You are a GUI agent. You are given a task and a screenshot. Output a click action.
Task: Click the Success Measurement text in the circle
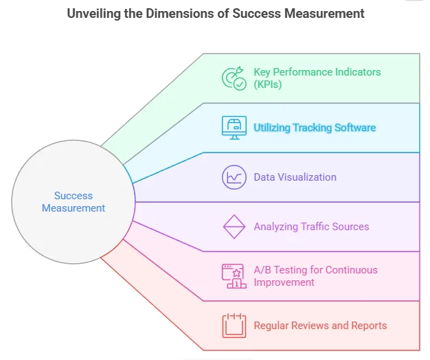click(73, 202)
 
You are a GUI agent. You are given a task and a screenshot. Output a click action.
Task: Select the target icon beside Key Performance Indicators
click(234, 78)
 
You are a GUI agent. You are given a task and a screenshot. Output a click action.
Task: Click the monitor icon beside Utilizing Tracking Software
click(234, 128)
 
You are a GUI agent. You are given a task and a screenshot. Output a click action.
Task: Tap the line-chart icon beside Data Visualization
click(234, 177)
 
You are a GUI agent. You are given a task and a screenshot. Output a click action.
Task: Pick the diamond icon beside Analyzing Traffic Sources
click(234, 227)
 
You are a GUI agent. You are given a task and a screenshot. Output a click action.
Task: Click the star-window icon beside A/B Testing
click(234, 275)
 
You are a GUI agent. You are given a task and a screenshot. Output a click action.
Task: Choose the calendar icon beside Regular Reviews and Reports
click(234, 326)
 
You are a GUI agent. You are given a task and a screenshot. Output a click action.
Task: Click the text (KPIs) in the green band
click(268, 85)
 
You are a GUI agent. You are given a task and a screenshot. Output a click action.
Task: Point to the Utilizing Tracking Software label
click(315, 128)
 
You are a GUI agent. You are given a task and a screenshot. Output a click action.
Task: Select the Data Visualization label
click(295, 177)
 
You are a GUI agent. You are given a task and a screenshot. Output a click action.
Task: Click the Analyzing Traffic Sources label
click(311, 227)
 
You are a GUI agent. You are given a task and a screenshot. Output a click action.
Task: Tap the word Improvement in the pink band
click(284, 282)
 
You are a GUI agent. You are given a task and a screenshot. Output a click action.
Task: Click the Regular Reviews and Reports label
click(320, 326)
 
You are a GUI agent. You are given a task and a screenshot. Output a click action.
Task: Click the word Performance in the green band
click(299, 72)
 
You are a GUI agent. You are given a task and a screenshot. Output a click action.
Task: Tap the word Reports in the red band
click(370, 326)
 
